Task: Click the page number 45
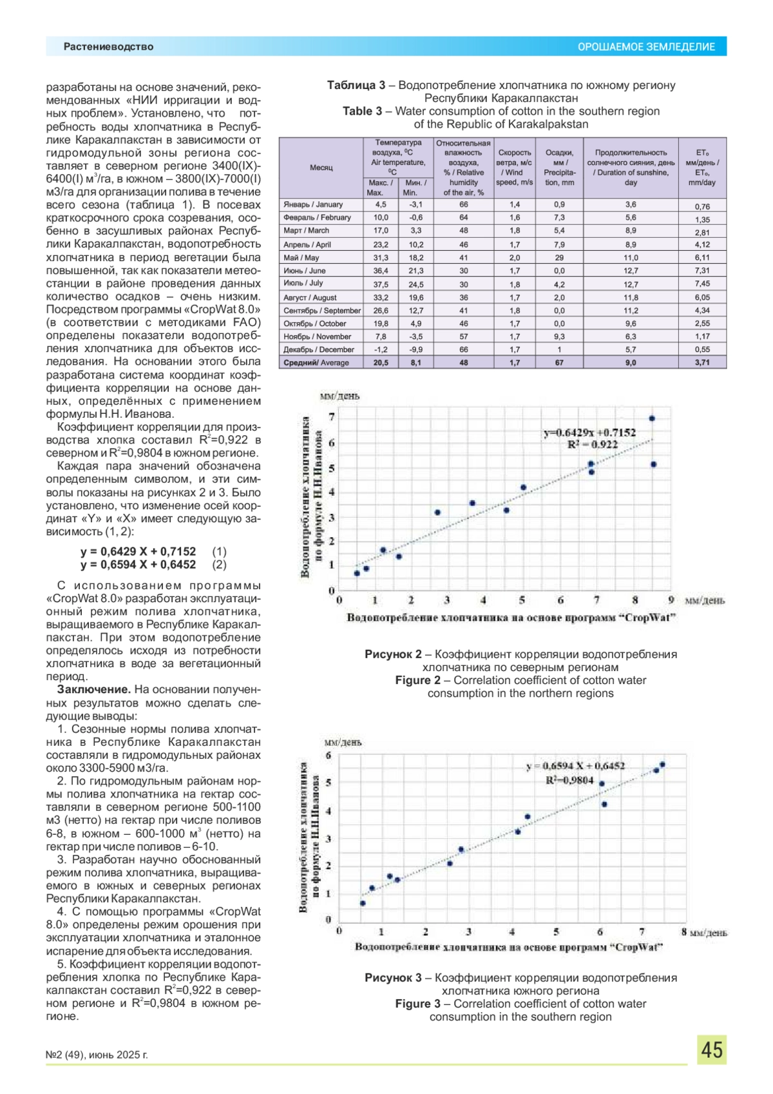pos(711,1050)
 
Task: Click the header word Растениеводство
pos(108,46)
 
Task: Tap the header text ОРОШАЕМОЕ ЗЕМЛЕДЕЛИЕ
pos(646,47)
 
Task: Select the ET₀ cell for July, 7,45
pos(702,284)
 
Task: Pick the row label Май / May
pos(301,258)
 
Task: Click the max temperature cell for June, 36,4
pos(381,271)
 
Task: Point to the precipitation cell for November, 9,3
pos(559,337)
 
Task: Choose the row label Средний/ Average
pos(316,363)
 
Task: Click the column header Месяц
pos(321,168)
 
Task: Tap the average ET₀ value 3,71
pos(702,363)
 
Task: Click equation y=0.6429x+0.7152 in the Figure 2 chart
pos(589,433)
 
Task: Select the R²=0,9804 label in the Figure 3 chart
pos(569,780)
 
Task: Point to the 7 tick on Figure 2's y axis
pos(332,417)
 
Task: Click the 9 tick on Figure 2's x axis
pos(671,600)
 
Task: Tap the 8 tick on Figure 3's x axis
pos(684,932)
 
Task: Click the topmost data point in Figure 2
pos(652,418)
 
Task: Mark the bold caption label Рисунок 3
pos(393,978)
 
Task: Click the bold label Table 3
pos(362,111)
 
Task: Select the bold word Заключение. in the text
pos(94,690)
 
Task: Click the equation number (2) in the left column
pos(219,565)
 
